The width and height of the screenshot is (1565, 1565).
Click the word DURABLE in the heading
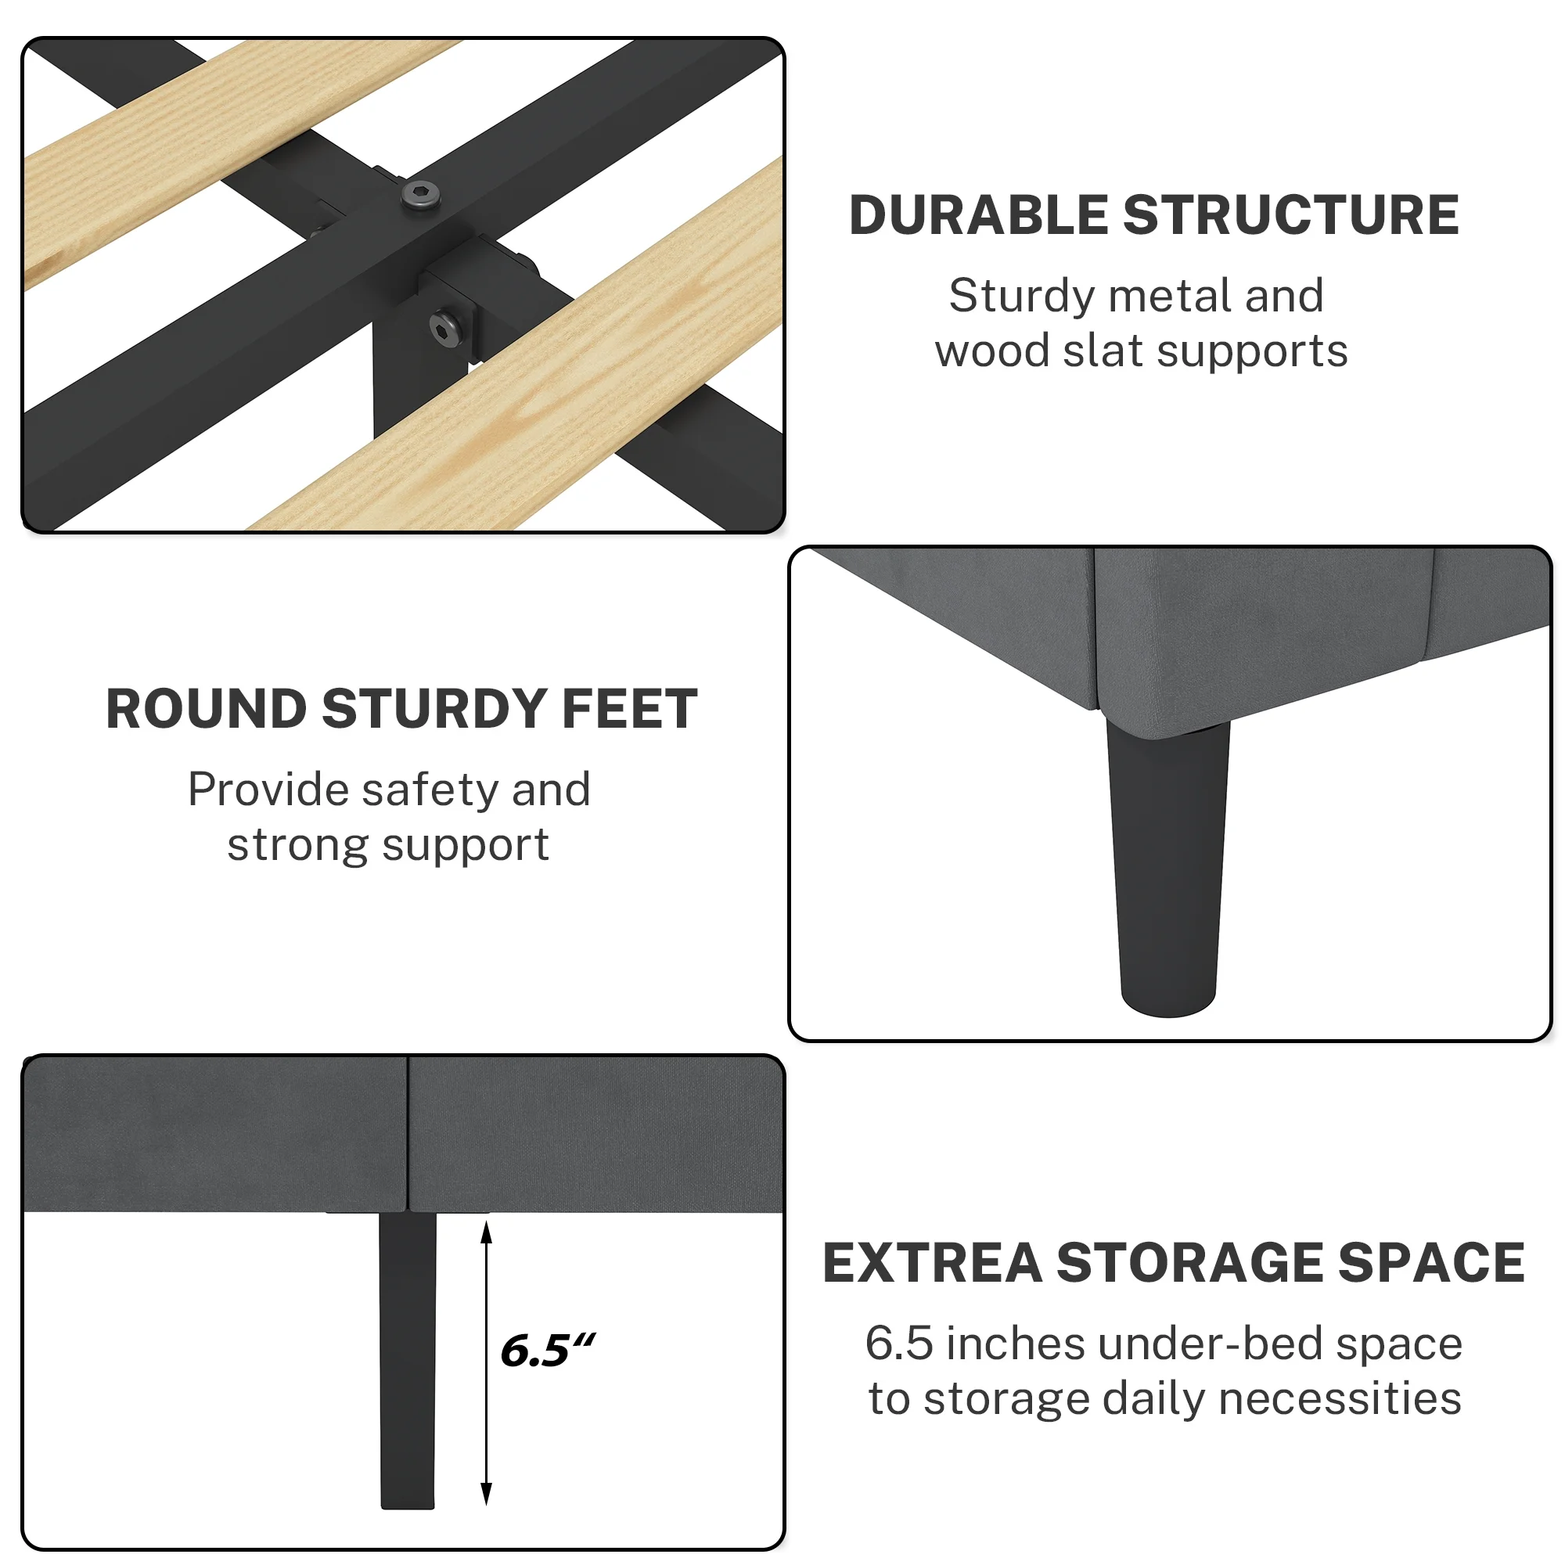977,216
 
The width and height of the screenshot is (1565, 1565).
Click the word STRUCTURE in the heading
1290,216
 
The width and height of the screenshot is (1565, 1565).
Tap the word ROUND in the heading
207,710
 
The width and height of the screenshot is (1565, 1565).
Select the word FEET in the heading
628,710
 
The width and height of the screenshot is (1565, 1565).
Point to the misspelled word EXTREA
933,1263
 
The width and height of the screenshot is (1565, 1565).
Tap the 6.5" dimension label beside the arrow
548,1351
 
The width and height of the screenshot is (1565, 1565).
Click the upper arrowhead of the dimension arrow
486,1232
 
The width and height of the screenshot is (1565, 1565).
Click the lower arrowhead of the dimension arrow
486,1494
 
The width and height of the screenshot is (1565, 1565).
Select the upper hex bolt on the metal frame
420,194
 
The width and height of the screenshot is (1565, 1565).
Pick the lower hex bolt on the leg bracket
446,328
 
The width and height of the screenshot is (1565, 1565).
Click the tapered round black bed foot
1167,867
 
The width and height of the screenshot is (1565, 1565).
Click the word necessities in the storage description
1340,1399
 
